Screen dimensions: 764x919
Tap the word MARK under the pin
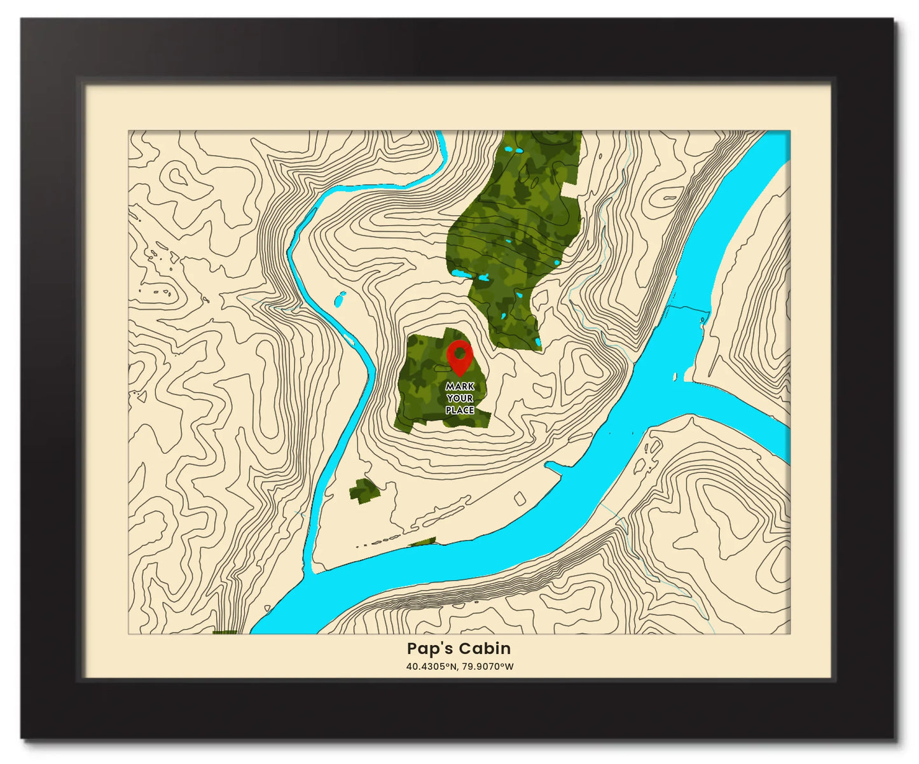point(460,386)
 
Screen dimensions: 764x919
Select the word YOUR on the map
point(460,398)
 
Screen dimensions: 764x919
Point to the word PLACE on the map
point(460,410)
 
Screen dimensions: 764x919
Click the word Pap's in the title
point(430,648)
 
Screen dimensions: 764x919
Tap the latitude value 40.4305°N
point(432,667)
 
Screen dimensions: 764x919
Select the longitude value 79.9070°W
point(488,667)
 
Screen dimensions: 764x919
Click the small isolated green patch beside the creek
point(364,490)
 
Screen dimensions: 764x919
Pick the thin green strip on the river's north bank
point(423,542)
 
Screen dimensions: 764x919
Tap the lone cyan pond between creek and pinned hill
point(340,298)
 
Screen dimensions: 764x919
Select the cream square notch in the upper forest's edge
point(570,188)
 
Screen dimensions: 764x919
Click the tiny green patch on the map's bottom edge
point(224,632)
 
